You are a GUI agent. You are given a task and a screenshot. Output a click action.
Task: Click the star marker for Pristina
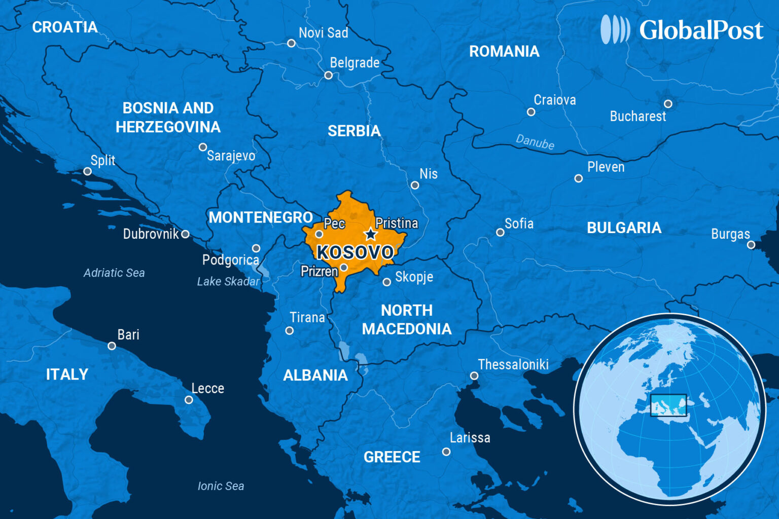(x=371, y=234)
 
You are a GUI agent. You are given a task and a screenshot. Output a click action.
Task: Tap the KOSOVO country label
(x=355, y=252)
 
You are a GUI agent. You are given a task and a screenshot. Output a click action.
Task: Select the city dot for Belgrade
(x=329, y=76)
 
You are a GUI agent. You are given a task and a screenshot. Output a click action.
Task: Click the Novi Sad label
(x=323, y=33)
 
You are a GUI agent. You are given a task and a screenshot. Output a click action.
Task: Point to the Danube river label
(x=535, y=142)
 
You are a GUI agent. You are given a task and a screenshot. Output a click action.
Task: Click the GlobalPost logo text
(x=701, y=30)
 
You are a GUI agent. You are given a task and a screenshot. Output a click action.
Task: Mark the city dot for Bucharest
(x=668, y=104)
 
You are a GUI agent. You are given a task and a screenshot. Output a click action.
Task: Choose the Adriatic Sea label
(x=114, y=273)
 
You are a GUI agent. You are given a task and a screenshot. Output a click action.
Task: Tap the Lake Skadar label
(x=228, y=281)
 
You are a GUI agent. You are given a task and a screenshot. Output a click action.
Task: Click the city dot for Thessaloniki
(x=474, y=376)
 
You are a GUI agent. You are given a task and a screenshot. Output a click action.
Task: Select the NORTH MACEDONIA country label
(x=407, y=319)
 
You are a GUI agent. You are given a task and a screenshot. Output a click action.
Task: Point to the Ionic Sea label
(x=221, y=486)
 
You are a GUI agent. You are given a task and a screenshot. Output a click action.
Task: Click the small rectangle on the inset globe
(x=668, y=405)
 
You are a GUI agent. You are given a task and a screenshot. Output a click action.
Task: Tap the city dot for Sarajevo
(x=203, y=147)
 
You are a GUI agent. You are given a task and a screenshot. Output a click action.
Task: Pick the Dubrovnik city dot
(x=186, y=234)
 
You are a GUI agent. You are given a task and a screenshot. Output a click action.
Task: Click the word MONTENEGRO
(x=261, y=217)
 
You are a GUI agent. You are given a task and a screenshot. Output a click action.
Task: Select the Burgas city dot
(x=751, y=245)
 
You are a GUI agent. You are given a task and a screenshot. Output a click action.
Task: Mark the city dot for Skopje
(x=387, y=282)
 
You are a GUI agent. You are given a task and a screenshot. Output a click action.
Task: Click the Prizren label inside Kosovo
(x=319, y=272)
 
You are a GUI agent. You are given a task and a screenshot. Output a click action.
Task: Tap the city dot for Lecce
(x=189, y=400)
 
